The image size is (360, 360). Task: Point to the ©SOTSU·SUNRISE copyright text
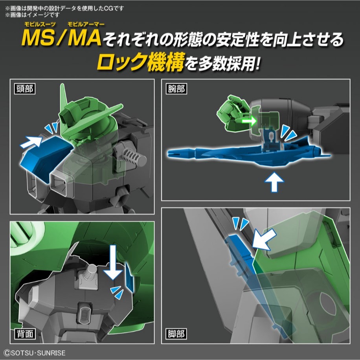point(33,353)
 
